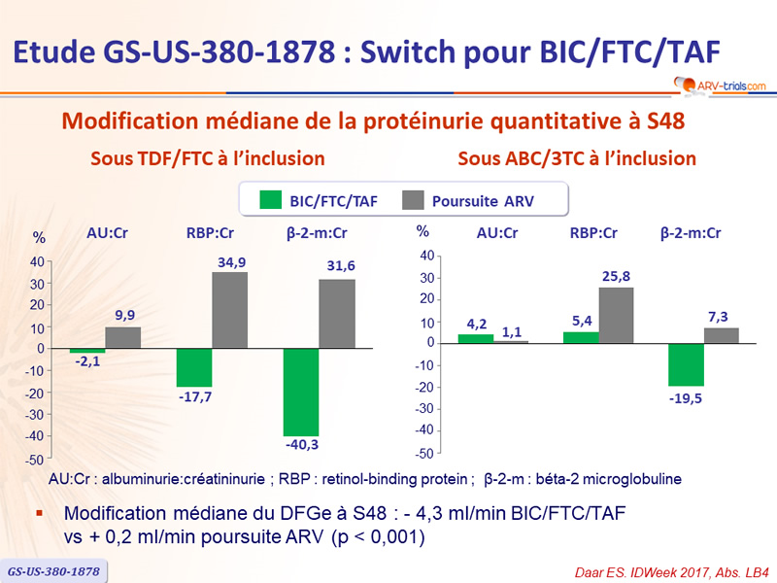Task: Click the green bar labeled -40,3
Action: pyautogui.click(x=301, y=392)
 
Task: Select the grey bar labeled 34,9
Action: pyautogui.click(x=230, y=310)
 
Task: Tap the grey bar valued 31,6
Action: pyautogui.click(x=337, y=314)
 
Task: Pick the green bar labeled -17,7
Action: pyautogui.click(x=194, y=367)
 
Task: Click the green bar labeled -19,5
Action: pyautogui.click(x=686, y=364)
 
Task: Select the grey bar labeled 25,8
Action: pyautogui.click(x=617, y=315)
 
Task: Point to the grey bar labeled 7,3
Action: pyautogui.click(x=722, y=335)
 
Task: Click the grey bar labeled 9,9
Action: pyautogui.click(x=123, y=337)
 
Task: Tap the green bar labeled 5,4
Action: pyautogui.click(x=581, y=337)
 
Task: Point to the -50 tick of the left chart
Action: pyautogui.click(x=35, y=459)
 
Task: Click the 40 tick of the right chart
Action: pyautogui.click(x=425, y=256)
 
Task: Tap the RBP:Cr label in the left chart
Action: pyautogui.click(x=212, y=234)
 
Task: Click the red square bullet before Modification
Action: pyautogui.click(x=40, y=512)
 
